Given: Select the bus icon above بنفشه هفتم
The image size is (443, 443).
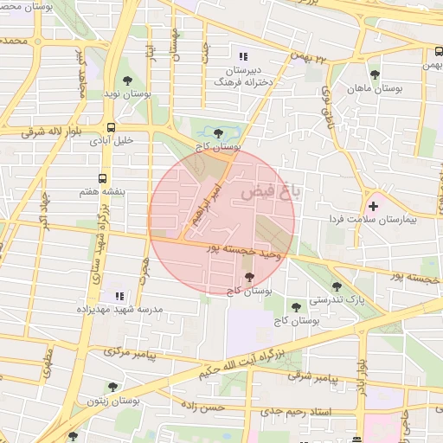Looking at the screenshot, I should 104,180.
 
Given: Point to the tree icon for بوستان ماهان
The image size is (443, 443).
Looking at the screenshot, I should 375,74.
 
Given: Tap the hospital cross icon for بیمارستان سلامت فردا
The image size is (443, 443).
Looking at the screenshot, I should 374,206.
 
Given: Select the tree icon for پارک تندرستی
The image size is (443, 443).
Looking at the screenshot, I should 337,286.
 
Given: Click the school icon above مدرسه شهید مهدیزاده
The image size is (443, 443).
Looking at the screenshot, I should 119,296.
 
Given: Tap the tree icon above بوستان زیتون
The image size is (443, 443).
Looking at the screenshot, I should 112,387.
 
